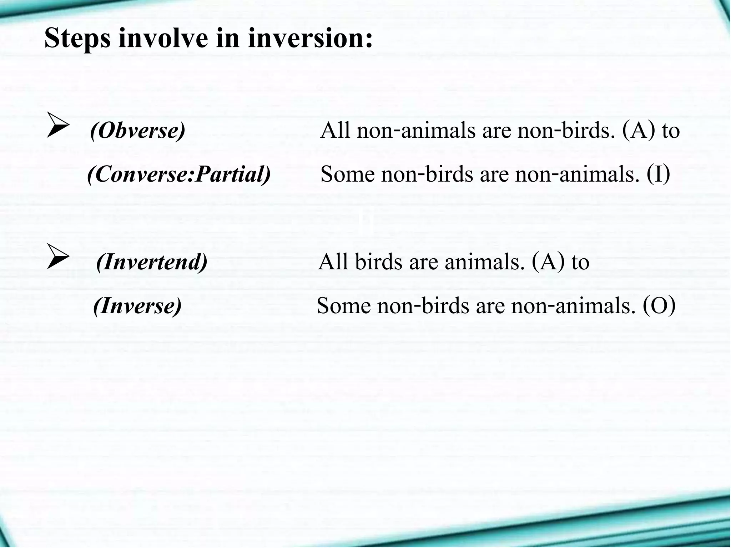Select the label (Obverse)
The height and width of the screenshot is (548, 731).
point(138,131)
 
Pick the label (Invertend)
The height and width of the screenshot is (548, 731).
point(152,262)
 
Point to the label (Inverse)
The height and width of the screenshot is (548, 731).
point(137,306)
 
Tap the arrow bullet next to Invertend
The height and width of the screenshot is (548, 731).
point(58,257)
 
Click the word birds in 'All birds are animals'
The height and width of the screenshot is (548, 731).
point(379,262)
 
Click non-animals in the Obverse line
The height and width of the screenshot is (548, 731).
point(416,131)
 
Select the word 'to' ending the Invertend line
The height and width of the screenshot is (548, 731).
point(580,262)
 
